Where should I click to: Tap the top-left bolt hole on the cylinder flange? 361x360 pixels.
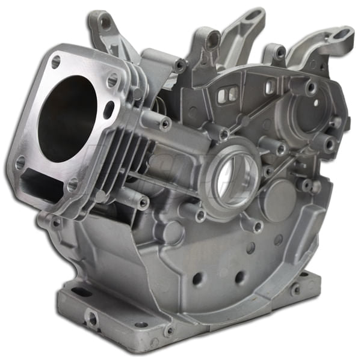(55, 61)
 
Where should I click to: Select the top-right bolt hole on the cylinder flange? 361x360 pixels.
(112, 80)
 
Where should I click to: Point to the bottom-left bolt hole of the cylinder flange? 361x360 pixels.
(20, 163)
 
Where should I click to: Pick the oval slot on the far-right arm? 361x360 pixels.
(341, 34)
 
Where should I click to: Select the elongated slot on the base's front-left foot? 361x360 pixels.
(82, 292)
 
